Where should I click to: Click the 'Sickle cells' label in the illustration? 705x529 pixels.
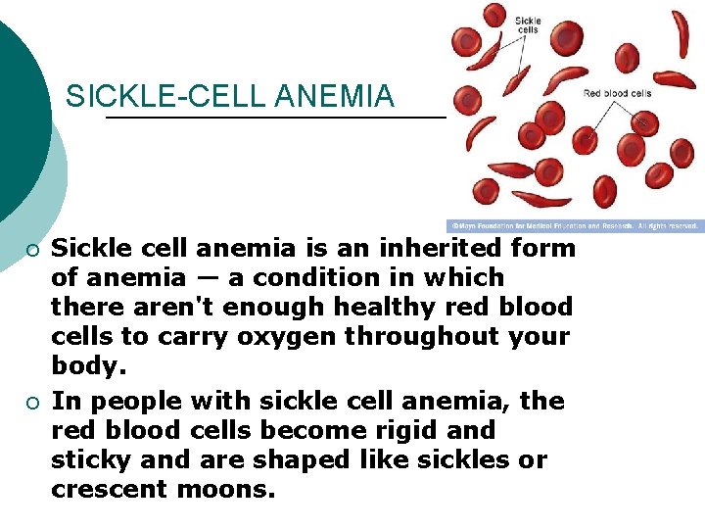click(x=527, y=24)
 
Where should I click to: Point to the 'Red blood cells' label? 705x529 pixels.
click(x=617, y=94)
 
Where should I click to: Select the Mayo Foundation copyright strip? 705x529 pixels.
click(x=575, y=226)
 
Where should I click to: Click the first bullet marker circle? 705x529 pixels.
click(x=32, y=250)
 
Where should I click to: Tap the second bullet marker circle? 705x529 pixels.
click(x=32, y=403)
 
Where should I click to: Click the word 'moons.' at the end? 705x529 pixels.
click(x=226, y=490)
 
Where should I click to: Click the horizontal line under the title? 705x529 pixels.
click(x=274, y=118)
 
